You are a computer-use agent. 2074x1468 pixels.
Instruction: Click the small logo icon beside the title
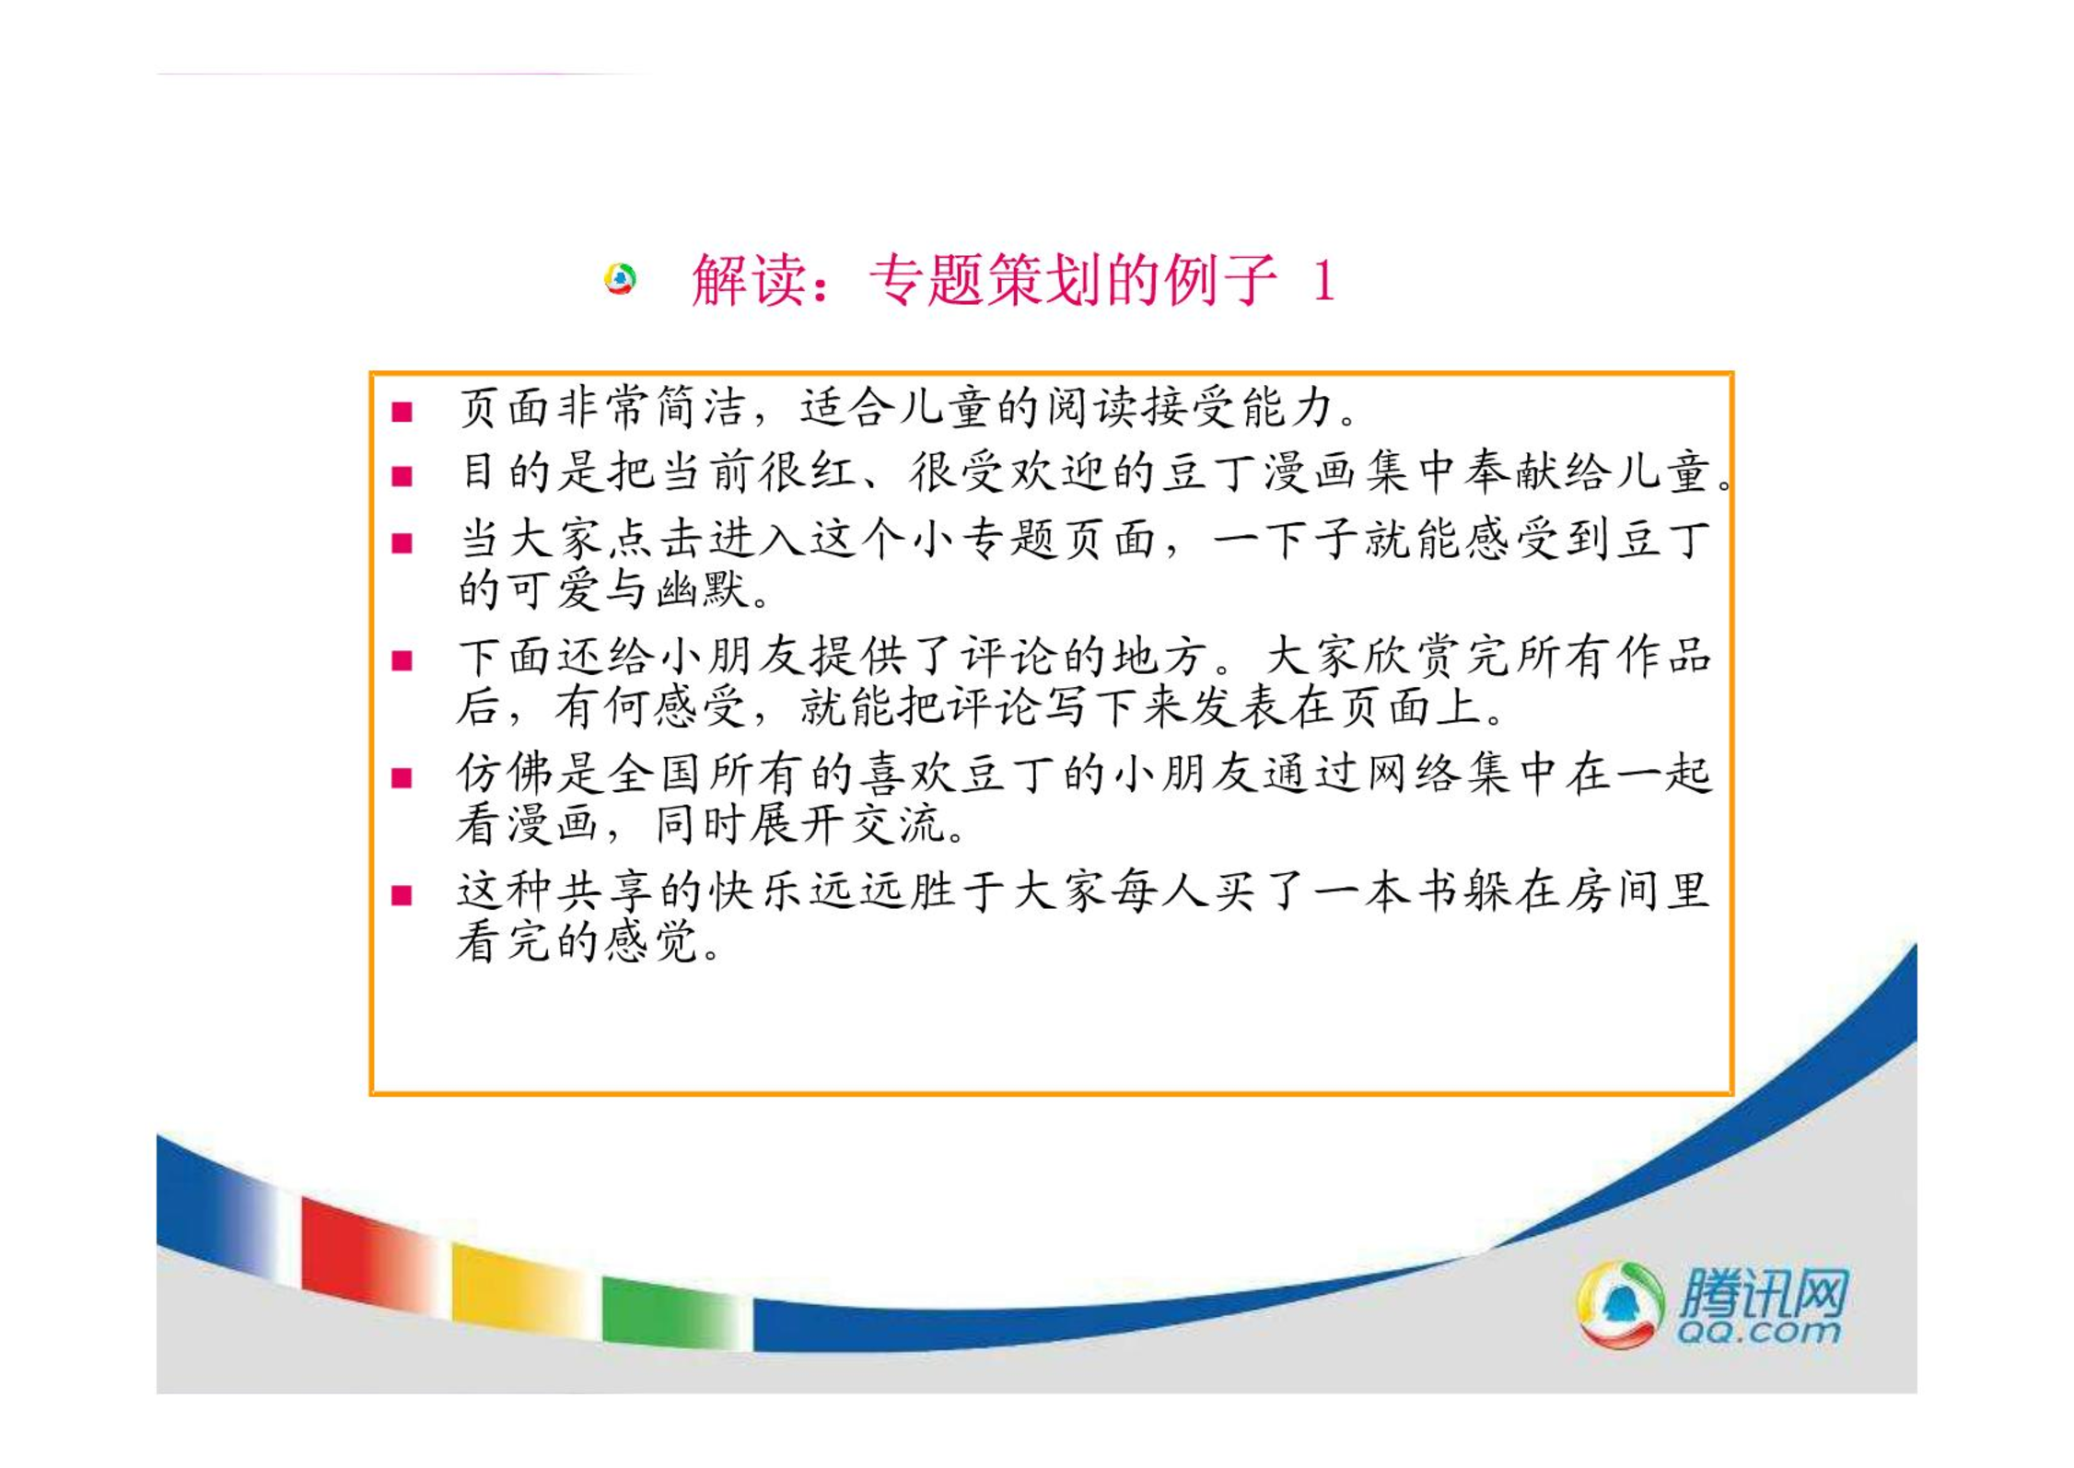click(x=620, y=278)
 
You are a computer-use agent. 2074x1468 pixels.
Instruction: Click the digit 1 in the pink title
click(x=1323, y=281)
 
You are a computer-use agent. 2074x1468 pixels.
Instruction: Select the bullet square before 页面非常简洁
click(x=402, y=411)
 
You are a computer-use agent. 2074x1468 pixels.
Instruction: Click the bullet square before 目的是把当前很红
click(x=402, y=476)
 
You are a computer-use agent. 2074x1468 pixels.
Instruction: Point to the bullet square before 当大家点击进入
click(x=402, y=542)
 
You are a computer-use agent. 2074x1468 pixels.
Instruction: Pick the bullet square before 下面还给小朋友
click(x=402, y=660)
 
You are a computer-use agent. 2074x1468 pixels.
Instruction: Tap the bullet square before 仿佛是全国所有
click(x=402, y=778)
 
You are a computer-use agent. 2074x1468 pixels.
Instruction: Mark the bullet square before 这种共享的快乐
click(x=402, y=895)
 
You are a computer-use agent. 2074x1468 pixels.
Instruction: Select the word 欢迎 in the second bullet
click(x=1059, y=472)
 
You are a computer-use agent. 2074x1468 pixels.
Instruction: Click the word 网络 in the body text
click(x=1414, y=773)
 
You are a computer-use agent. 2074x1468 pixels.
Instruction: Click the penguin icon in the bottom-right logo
click(x=1621, y=1305)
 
